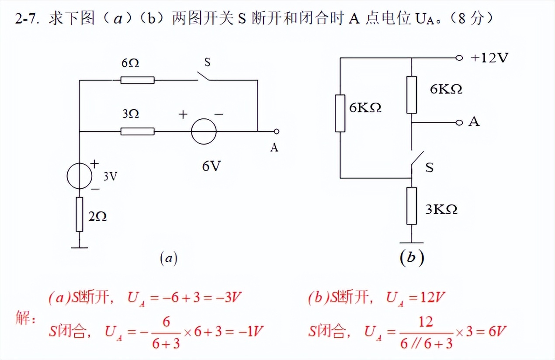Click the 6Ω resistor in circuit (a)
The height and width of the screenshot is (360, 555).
click(x=137, y=80)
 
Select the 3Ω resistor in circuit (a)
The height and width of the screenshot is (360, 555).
click(x=137, y=131)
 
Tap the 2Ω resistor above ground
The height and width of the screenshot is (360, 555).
click(x=79, y=214)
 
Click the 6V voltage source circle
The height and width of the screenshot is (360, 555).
click(x=203, y=131)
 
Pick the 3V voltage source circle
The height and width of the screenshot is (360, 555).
click(x=79, y=177)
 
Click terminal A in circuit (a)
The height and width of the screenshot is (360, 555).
click(x=276, y=131)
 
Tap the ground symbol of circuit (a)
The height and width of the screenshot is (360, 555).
click(x=79, y=247)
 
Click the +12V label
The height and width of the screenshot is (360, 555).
click(x=489, y=58)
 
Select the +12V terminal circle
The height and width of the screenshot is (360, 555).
click(x=458, y=58)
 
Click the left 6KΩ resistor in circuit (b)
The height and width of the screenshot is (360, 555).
click(x=340, y=113)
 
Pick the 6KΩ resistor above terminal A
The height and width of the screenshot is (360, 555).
click(x=411, y=94)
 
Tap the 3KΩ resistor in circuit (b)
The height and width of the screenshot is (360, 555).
click(x=411, y=205)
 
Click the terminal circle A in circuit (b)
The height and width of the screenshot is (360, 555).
click(x=458, y=123)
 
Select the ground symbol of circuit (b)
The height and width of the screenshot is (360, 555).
click(x=411, y=242)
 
